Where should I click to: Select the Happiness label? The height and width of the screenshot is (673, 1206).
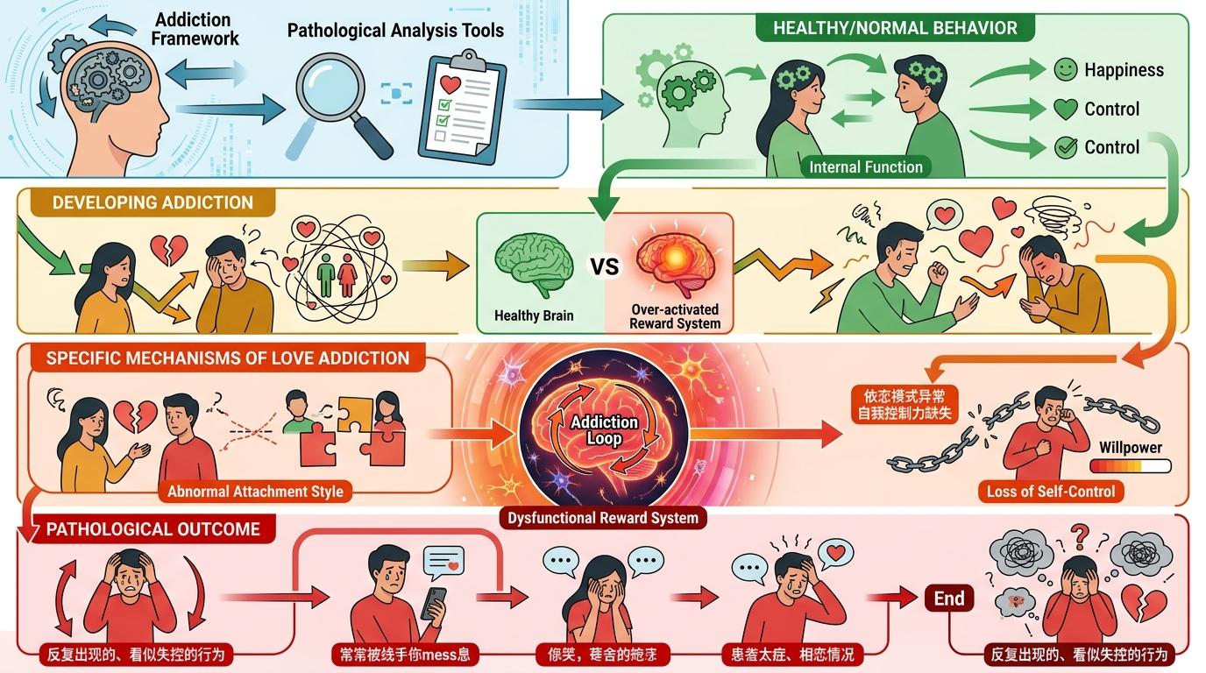click(1124, 70)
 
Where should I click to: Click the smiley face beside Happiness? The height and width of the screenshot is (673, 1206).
click(1065, 69)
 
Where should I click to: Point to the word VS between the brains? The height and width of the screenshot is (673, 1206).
click(605, 266)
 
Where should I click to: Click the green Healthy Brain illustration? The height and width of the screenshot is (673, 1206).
click(534, 259)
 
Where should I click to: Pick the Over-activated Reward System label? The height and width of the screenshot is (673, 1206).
click(674, 316)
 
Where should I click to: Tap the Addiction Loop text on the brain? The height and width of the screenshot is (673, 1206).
click(605, 430)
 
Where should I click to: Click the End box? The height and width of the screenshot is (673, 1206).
click(948, 599)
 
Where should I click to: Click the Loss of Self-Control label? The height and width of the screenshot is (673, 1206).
click(1051, 491)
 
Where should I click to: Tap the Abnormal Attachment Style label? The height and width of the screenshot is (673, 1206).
click(254, 492)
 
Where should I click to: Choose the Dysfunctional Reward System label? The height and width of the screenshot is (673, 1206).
click(604, 517)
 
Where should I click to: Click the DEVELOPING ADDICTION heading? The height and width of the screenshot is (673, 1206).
click(153, 202)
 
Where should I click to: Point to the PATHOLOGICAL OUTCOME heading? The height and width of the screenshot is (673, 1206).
click(153, 528)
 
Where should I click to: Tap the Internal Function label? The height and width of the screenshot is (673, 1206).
click(866, 166)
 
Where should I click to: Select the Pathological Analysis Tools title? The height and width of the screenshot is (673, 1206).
click(395, 31)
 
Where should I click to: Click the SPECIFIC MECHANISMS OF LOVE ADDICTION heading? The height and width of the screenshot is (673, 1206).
click(227, 358)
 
